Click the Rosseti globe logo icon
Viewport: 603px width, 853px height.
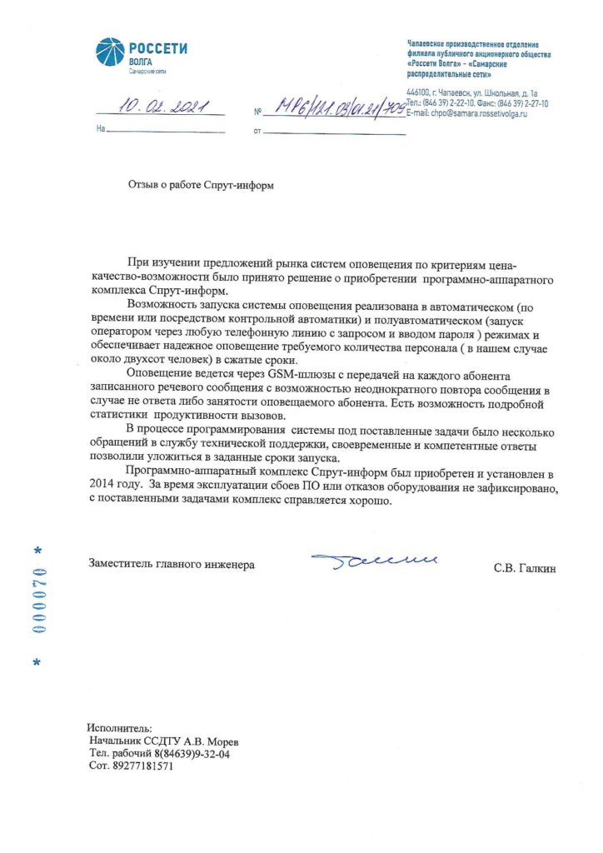click(x=111, y=54)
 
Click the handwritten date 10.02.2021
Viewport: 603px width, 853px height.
click(x=159, y=107)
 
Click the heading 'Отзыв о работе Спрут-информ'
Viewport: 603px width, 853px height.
click(x=200, y=186)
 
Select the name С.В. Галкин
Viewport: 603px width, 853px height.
click(x=523, y=568)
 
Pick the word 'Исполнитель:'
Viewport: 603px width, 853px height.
click(x=120, y=728)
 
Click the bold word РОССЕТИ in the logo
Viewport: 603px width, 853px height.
click(x=158, y=48)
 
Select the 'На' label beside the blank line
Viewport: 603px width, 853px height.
click(x=102, y=131)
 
